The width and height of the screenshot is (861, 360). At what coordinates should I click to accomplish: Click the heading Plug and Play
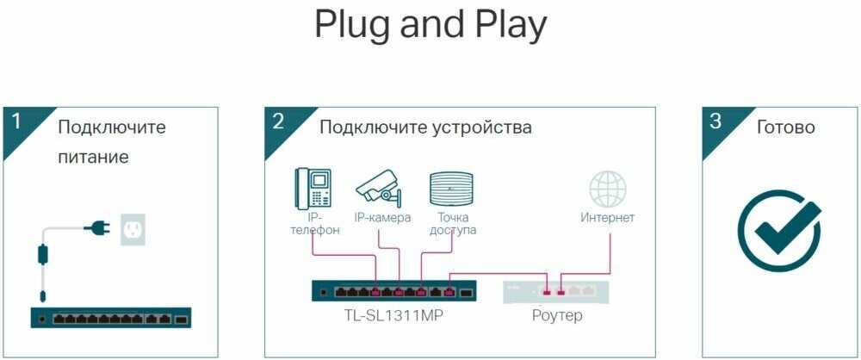pos(430,26)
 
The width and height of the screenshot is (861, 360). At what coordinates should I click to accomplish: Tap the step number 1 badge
pos(15,122)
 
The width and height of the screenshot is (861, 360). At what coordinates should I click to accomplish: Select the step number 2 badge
pos(277,122)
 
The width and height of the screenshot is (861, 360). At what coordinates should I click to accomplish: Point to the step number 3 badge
pos(715,122)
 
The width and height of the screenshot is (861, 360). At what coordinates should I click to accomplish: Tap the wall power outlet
pos(133,229)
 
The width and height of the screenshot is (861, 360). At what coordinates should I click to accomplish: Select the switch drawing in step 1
pos(110,318)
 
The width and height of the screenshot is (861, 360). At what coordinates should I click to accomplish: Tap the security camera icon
pos(380,185)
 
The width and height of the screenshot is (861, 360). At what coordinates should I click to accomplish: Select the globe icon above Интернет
pos(607,189)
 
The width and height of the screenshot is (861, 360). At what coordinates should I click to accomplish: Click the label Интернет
pos(607,218)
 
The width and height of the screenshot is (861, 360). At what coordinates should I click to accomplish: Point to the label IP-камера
pos(381,218)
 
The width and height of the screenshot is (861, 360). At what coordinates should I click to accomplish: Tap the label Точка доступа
pos(454,224)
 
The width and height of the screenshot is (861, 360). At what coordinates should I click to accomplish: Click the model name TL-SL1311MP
pos(393,316)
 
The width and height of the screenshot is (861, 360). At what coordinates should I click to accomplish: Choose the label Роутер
pos(557,316)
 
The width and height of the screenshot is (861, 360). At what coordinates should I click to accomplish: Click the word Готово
pos(785,127)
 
